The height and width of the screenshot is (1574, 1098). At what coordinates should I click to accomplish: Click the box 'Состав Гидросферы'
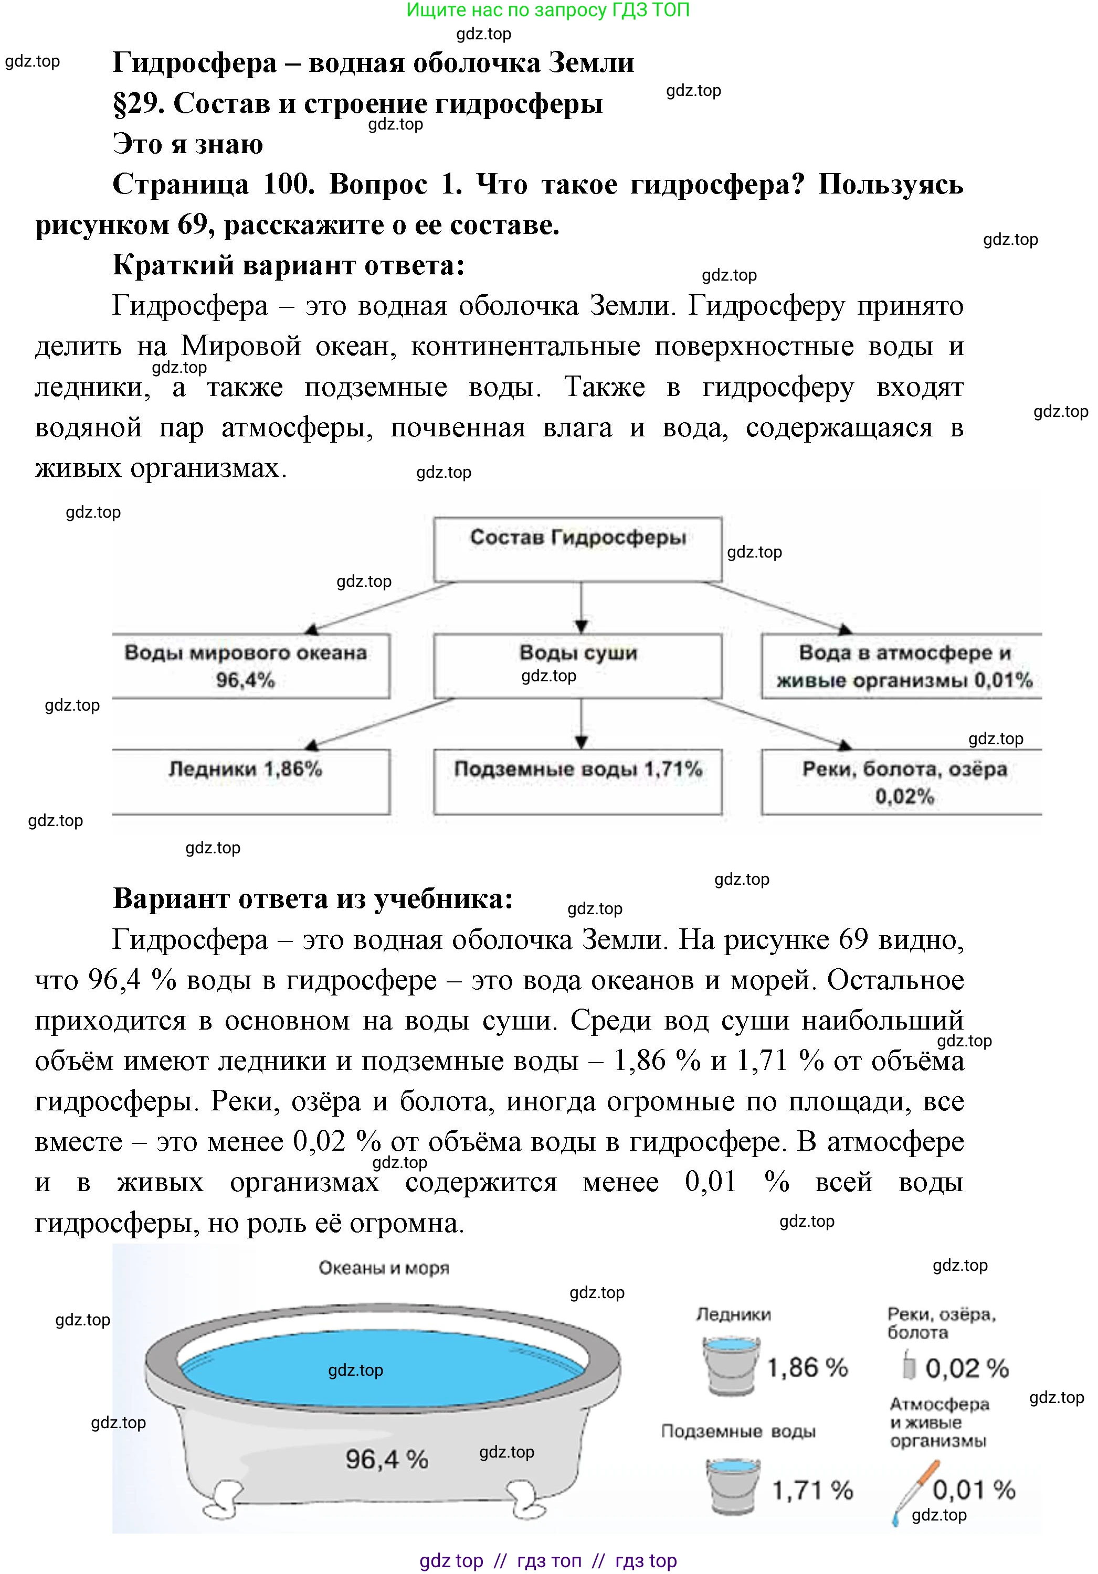point(577,549)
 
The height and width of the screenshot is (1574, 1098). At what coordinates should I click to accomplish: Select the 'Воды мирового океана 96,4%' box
point(250,666)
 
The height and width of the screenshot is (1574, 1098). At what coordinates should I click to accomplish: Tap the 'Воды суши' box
point(577,665)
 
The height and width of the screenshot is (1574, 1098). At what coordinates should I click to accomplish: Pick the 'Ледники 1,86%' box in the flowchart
point(250,781)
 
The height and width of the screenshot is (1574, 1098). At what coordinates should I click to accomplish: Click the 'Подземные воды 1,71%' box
point(577,781)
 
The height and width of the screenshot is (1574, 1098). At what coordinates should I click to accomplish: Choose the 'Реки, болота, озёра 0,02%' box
point(902,781)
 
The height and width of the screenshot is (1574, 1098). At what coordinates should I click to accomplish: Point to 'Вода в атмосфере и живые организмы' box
point(902,666)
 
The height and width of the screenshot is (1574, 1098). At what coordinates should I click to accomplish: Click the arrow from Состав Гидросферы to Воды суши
point(581,607)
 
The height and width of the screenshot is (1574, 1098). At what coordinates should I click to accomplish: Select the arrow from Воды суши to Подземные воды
point(581,723)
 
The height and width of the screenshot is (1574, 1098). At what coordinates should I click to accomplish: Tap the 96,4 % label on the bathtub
point(386,1459)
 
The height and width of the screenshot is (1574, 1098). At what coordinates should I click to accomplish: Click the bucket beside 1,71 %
point(733,1487)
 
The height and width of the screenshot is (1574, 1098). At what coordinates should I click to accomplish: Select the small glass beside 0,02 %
point(909,1366)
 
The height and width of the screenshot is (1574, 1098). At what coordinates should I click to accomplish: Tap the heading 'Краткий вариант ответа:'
point(288,265)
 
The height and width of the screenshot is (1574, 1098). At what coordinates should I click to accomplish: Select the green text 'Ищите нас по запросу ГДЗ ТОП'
point(548,10)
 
